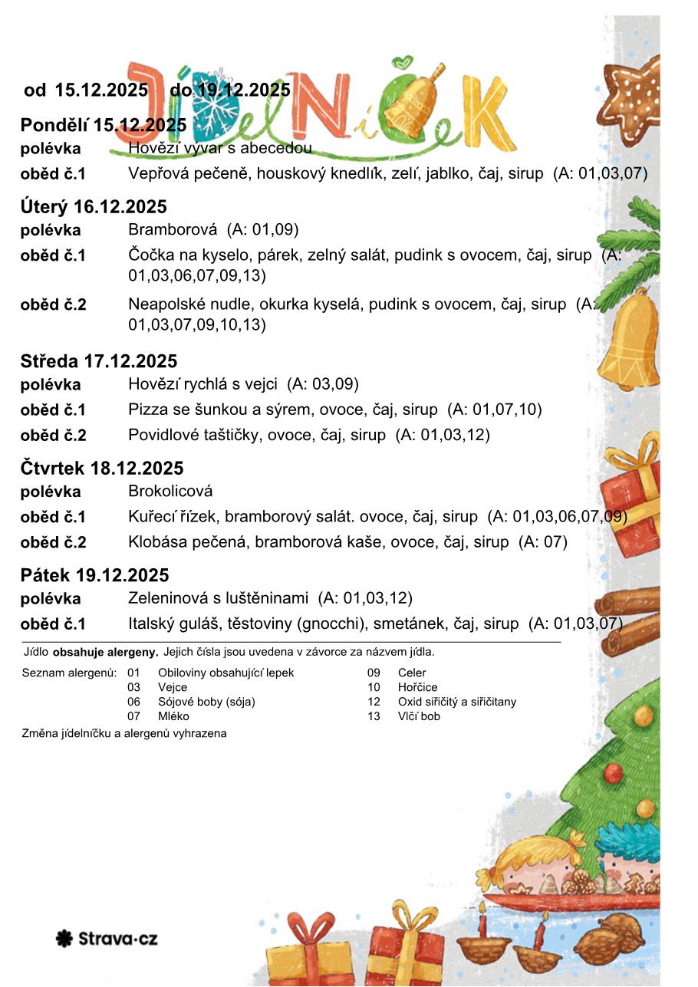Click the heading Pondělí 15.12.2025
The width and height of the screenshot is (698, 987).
click(x=104, y=125)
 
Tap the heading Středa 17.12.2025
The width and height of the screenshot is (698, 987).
click(x=99, y=361)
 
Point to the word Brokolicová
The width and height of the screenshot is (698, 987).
click(x=170, y=491)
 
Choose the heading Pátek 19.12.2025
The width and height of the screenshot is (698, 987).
click(x=95, y=575)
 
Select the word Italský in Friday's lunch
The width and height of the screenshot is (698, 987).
click(x=153, y=623)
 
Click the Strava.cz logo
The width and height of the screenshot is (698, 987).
click(x=107, y=938)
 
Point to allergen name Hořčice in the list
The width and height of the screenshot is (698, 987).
click(x=417, y=687)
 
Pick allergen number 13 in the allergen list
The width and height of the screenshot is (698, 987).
click(x=374, y=716)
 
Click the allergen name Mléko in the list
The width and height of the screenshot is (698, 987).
click(x=174, y=716)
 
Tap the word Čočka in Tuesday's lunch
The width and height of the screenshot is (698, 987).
click(x=150, y=255)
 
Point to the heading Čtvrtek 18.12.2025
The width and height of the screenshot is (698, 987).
click(x=102, y=469)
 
